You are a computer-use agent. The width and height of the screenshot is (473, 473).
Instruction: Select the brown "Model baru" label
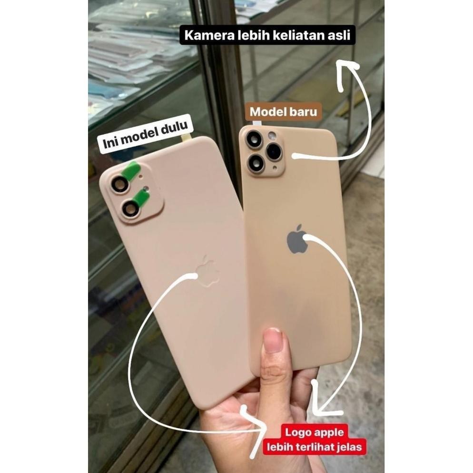tap(283, 112)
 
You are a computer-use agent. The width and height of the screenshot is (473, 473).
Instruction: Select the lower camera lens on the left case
tap(129, 207)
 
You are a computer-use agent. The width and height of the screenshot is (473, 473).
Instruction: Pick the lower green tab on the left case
tap(142, 197)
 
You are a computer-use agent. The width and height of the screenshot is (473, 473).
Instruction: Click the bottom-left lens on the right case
tap(256, 163)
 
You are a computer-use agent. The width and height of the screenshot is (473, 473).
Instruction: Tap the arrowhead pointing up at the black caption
tap(347, 67)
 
